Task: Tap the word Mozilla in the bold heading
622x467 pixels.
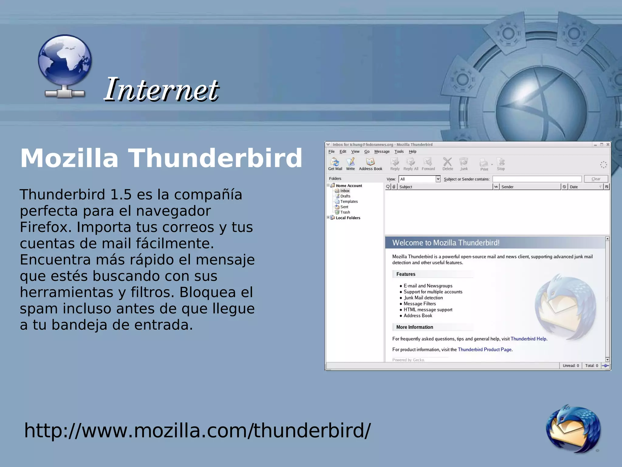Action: [x=69, y=158]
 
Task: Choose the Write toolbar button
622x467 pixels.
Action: [x=350, y=164]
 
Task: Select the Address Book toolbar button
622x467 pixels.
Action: [x=370, y=164]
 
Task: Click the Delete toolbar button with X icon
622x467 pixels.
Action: [x=447, y=164]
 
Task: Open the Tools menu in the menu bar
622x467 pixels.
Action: [x=399, y=152]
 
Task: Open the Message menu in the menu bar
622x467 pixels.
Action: [x=381, y=152]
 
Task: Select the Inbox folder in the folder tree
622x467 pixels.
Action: [x=345, y=191]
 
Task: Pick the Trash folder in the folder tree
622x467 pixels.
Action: [x=345, y=212]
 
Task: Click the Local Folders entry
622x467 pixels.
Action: [x=348, y=218]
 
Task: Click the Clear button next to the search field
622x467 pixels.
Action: [x=596, y=179]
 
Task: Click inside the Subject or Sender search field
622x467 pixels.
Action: [x=537, y=179]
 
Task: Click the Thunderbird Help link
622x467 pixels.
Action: [x=528, y=339]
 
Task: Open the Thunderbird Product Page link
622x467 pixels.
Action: [x=484, y=349]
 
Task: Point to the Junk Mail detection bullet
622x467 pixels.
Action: [x=423, y=298]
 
